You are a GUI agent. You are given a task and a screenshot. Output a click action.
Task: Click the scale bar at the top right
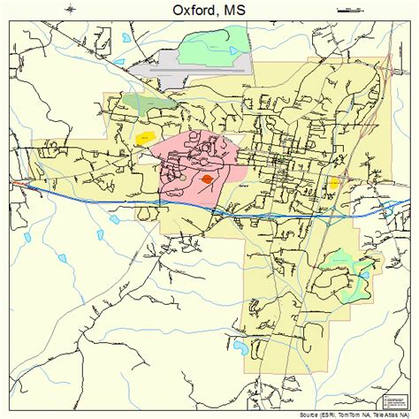351,10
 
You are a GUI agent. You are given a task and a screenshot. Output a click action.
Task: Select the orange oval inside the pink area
207,178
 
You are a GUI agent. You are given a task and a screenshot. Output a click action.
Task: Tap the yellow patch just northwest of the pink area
143,138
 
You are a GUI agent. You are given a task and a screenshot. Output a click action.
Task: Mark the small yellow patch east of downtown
334,183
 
